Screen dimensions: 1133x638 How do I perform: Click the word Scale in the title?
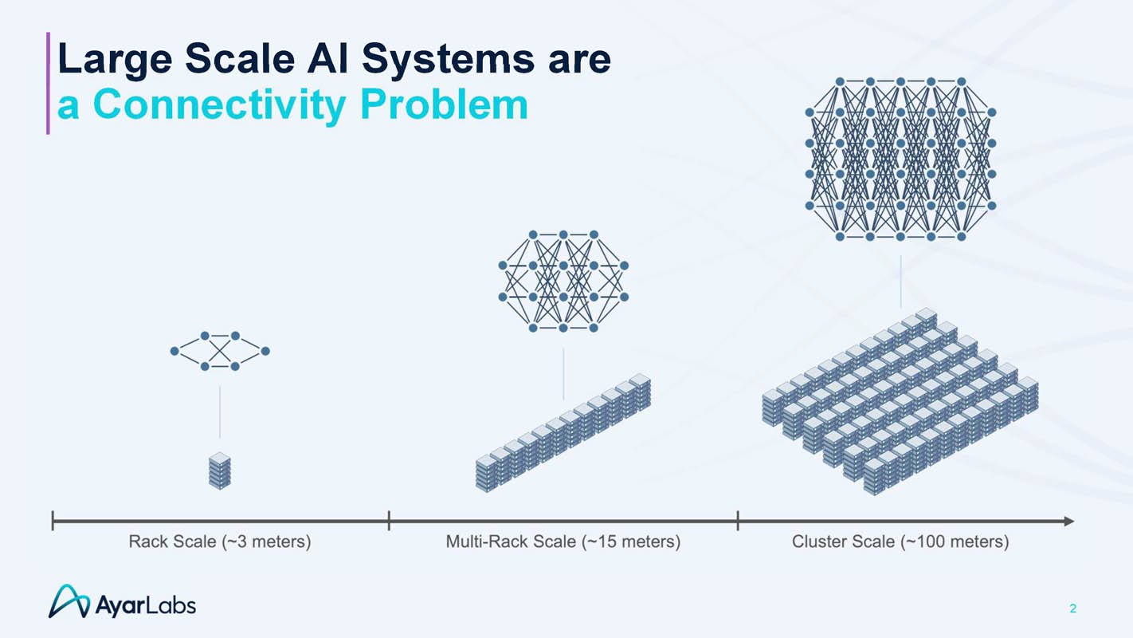pyautogui.click(x=240, y=59)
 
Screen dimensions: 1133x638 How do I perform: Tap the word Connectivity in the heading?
pyautogui.click(x=218, y=104)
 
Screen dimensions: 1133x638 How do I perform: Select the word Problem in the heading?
pyautogui.click(x=444, y=104)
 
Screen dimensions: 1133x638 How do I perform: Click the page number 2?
pyautogui.click(x=1072, y=608)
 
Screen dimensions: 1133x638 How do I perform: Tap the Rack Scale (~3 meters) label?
pyautogui.click(x=220, y=542)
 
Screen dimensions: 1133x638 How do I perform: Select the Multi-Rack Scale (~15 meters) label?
pyautogui.click(x=563, y=542)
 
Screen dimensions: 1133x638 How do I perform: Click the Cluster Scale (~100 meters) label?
pyautogui.click(x=900, y=542)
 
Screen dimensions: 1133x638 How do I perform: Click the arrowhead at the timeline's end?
pyautogui.click(x=1068, y=521)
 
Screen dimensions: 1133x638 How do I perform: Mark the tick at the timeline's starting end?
pyautogui.click(x=53, y=521)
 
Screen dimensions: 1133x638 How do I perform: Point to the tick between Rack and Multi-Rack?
pyautogui.click(x=389, y=521)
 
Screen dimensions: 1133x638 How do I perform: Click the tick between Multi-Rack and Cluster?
pyautogui.click(x=738, y=521)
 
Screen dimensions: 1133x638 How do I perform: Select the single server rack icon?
pyautogui.click(x=220, y=471)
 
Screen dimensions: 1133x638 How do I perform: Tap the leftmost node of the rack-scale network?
pyautogui.click(x=174, y=351)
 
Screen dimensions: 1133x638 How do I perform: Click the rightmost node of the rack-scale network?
pyautogui.click(x=265, y=351)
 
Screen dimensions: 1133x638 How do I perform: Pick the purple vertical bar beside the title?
pyautogui.click(x=48, y=83)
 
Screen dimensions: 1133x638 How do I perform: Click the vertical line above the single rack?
pyautogui.click(x=220, y=412)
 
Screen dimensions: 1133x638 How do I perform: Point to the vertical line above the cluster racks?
pyautogui.click(x=900, y=282)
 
